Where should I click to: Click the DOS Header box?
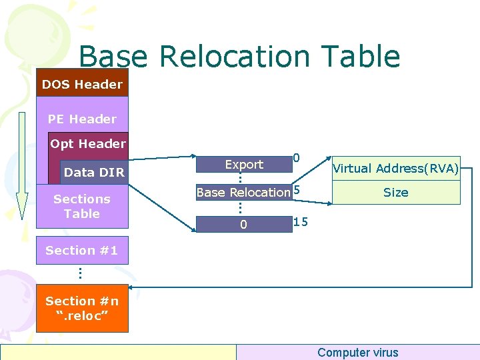click(82, 84)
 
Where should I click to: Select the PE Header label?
click(82, 119)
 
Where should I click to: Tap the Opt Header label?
click(88, 143)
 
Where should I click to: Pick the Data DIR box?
click(93, 172)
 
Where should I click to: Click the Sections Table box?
click(82, 206)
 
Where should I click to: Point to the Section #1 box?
click(82, 251)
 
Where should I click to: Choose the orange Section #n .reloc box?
click(82, 308)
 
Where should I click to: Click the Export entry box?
click(244, 165)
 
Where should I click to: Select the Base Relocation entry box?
click(243, 193)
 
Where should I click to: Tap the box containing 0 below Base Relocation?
click(243, 225)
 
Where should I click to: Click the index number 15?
click(301, 221)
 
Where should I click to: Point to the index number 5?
click(297, 190)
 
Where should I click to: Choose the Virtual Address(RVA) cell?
click(395, 169)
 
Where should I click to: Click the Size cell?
click(395, 193)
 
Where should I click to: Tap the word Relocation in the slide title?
click(231, 57)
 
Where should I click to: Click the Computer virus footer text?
click(357, 353)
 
